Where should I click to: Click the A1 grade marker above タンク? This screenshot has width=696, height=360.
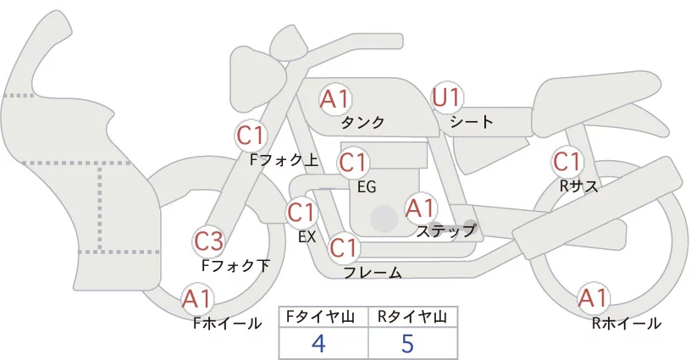(x=335, y=98)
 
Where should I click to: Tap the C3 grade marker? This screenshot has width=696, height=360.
(x=208, y=241)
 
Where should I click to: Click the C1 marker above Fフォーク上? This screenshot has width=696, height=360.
(x=251, y=135)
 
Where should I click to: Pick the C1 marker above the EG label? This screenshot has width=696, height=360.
(x=352, y=161)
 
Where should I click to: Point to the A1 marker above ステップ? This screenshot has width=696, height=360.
(x=420, y=207)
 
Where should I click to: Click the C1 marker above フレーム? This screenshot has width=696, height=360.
(x=344, y=248)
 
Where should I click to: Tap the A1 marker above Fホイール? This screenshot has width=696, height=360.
(x=197, y=298)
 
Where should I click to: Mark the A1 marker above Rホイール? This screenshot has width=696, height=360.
(x=593, y=298)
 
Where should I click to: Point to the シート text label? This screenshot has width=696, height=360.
(x=472, y=122)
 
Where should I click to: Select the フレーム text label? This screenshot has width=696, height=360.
(x=372, y=273)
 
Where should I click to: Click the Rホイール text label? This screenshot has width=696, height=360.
(x=627, y=323)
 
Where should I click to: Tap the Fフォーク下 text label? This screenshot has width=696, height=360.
(x=236, y=265)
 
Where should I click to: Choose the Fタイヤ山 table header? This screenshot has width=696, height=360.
(x=323, y=317)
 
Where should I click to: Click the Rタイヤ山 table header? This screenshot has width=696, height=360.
(x=413, y=317)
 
